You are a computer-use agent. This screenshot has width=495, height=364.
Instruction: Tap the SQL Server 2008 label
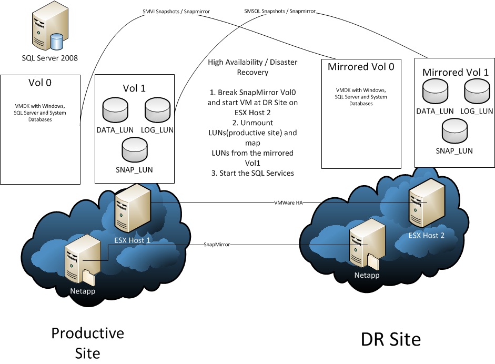pos(49,58)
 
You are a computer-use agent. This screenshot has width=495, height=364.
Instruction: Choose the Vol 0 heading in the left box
pos(40,83)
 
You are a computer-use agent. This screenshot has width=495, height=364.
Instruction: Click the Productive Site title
pos(87,342)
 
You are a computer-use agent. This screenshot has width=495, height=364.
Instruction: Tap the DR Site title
pos(390,339)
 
